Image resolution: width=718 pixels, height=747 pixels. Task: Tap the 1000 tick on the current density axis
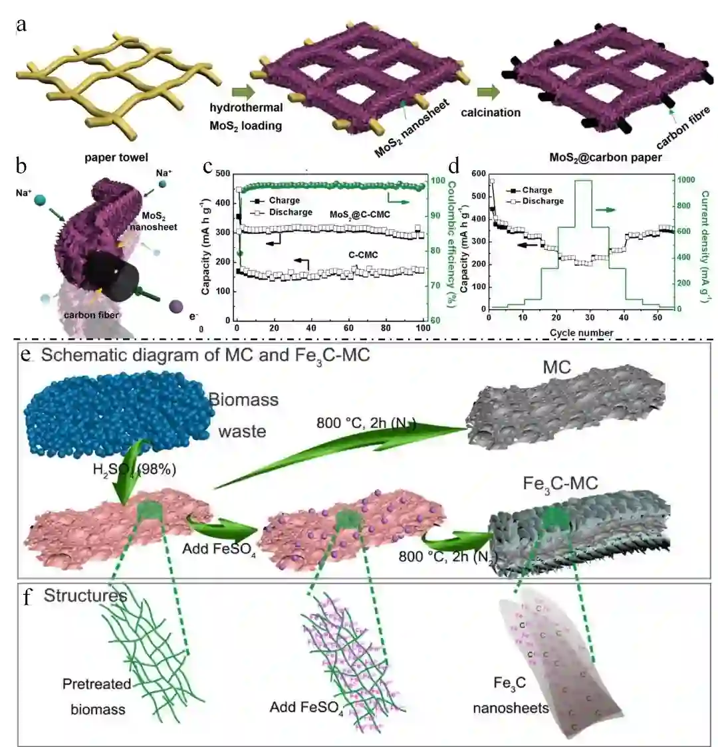tap(685, 180)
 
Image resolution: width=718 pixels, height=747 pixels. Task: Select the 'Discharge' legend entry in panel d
tap(542, 201)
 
